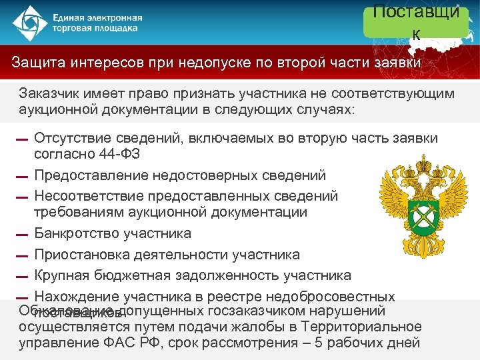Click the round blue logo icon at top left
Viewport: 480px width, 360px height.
point(26,23)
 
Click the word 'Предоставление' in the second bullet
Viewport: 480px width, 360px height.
point(89,175)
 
